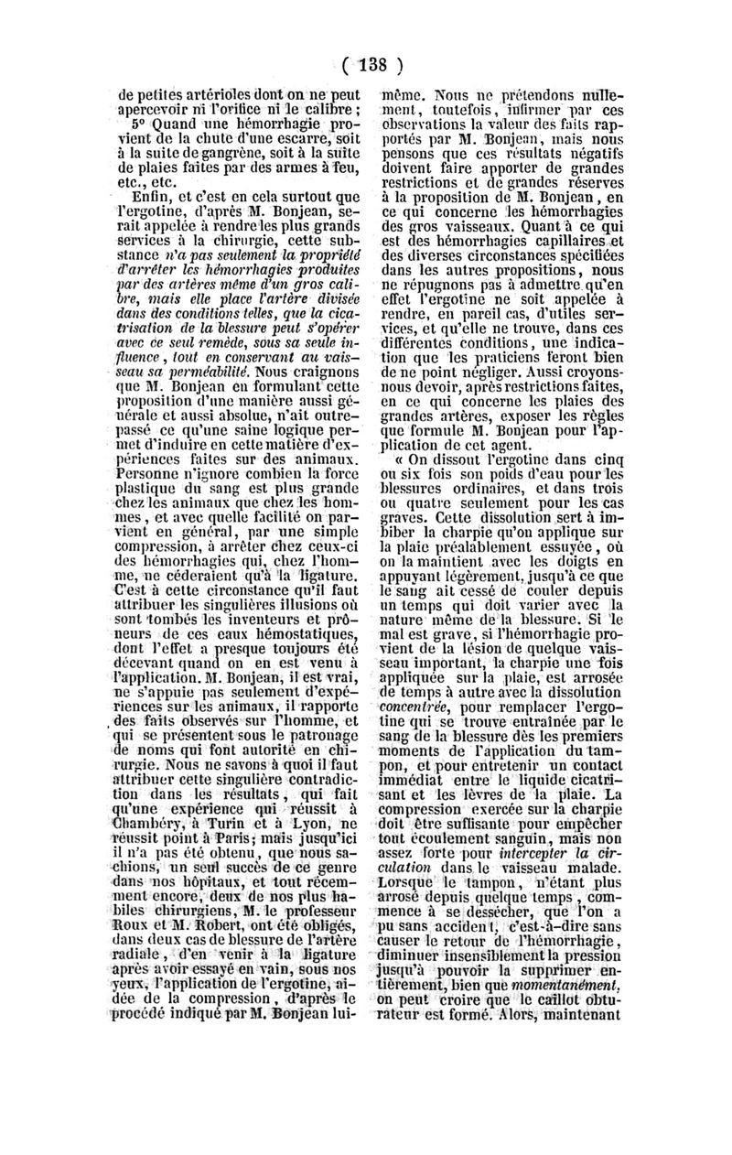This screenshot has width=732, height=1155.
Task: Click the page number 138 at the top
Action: (365, 66)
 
